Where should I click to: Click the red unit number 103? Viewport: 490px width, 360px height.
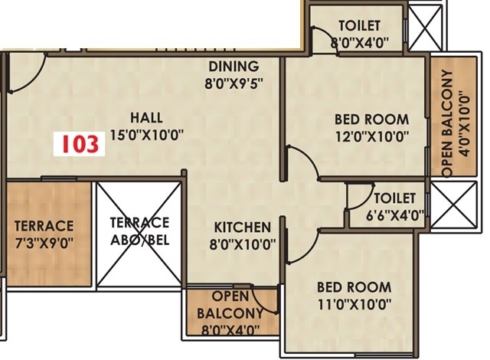point(80,144)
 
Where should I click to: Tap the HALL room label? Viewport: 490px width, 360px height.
point(146,118)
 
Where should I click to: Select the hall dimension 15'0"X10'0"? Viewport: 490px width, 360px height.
point(146,136)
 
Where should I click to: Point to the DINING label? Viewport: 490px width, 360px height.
point(234,67)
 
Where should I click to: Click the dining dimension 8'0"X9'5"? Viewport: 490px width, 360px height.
point(234,83)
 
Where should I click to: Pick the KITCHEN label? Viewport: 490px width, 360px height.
point(242,227)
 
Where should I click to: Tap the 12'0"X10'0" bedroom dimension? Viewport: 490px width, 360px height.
point(372,136)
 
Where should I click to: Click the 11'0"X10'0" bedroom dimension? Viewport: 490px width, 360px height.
point(354,304)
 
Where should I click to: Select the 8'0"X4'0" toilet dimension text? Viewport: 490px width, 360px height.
point(360,42)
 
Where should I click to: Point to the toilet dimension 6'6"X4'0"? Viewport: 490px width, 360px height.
point(395,216)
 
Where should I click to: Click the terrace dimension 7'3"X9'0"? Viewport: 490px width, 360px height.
point(44,243)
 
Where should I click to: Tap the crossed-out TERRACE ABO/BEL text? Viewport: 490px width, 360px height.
point(139,231)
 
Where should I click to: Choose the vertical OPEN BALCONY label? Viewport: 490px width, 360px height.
point(447,124)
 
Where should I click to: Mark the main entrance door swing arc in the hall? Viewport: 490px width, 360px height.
point(34,78)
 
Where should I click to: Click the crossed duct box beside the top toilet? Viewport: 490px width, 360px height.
point(426,28)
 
